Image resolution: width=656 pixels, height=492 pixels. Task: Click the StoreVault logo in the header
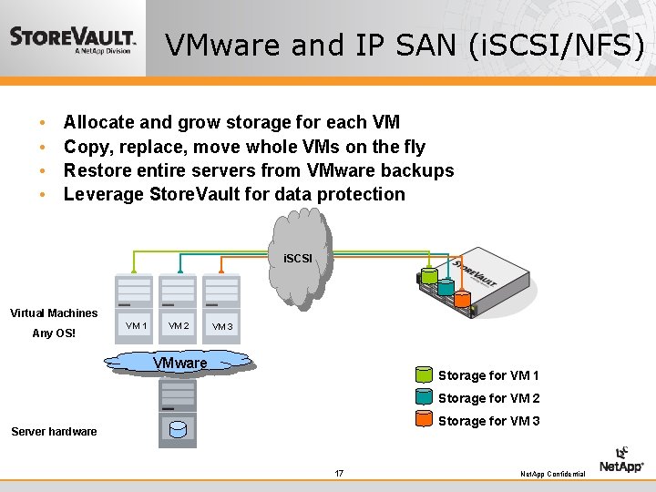coord(73,40)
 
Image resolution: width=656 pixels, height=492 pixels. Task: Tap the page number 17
coord(339,473)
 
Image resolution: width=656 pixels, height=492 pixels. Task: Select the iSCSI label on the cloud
coord(297,260)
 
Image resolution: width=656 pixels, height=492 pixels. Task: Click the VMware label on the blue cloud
coord(179,363)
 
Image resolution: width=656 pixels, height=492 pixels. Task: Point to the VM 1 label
coord(137,326)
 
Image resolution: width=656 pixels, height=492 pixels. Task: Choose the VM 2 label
coord(179,326)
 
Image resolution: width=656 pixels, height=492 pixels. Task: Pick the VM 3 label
coord(222,327)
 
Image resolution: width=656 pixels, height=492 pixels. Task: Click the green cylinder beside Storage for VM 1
coord(424,374)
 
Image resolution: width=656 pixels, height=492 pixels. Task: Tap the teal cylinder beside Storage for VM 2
coord(424,397)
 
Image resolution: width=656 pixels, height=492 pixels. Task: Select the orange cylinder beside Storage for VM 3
coord(424,420)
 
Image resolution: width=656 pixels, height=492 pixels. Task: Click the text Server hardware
coord(54,432)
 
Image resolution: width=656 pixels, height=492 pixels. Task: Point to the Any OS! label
coord(54,333)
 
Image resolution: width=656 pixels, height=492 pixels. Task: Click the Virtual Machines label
coord(54,313)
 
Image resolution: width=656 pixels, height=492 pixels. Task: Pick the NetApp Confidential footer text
coord(552,475)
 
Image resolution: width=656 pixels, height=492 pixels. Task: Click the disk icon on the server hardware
coord(179,428)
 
